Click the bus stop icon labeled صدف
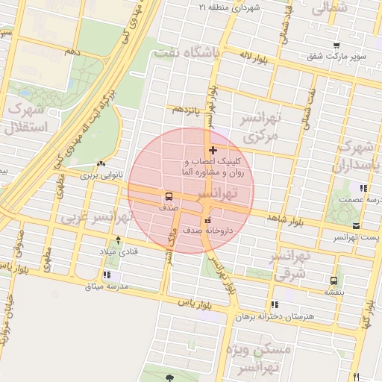[169, 197]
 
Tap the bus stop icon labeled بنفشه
[333, 281]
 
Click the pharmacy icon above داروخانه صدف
[207, 220]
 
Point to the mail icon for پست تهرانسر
[356, 225]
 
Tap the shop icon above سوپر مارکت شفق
[336, 45]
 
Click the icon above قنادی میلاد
[117, 242]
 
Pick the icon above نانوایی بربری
[101, 164]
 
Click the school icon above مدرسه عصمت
[363, 188]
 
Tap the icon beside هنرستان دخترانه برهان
[275, 304]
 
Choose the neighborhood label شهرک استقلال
[26, 118]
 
